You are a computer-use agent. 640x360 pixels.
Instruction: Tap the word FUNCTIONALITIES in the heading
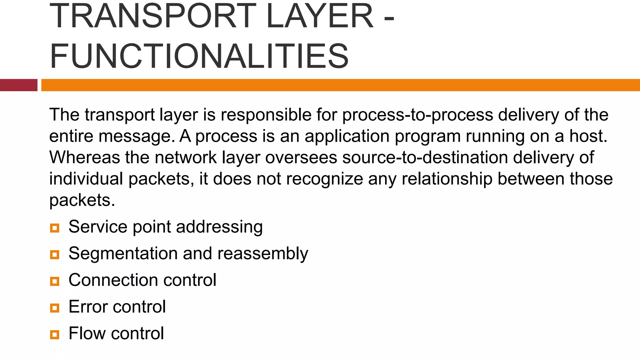199,56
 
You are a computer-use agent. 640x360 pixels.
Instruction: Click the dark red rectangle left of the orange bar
18,85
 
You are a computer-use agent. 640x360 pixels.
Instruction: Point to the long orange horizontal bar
340,85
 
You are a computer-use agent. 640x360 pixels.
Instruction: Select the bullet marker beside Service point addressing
54,228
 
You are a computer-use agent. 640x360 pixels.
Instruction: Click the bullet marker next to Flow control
54,335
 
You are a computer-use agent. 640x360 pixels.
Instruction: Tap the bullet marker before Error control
54,308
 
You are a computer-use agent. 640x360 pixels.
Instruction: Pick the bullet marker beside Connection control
54,281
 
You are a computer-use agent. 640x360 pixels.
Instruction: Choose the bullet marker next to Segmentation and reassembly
54,255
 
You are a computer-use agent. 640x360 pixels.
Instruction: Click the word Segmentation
123,253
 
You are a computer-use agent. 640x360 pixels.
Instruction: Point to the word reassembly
262,253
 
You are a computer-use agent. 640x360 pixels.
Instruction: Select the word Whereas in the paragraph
84,157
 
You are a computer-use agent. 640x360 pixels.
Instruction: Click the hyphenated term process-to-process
417,115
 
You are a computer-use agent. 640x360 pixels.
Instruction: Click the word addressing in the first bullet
219,227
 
